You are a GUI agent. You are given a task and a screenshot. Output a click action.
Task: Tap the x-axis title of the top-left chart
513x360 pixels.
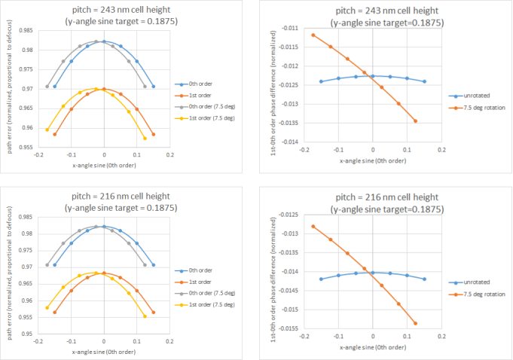[x=103, y=163]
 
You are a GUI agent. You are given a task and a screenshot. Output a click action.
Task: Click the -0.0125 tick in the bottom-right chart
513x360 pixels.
[x=287, y=215]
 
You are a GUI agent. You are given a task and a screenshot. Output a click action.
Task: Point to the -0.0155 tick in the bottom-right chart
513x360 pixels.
[x=287, y=328]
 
